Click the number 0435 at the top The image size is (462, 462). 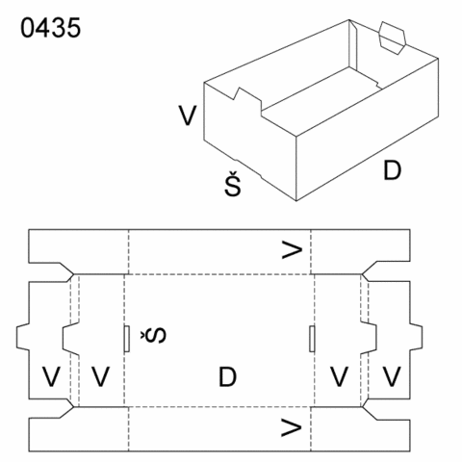coord(50,28)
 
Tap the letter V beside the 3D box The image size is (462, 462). coord(188,115)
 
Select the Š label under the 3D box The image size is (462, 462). coord(233,184)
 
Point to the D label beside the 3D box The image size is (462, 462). coord(392,170)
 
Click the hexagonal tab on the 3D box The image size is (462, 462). coord(393,38)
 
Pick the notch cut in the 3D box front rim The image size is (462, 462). coord(247,99)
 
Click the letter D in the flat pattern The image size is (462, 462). coord(227,377)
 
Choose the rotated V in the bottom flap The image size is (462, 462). coord(292,427)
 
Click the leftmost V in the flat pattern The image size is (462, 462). coord(51,376)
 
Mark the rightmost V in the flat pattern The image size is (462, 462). coord(392,376)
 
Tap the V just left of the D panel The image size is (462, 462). coord(101,376)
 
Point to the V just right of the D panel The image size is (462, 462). coord(340,376)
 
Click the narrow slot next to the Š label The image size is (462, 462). coord(127,339)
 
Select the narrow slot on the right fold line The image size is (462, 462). coord(312,339)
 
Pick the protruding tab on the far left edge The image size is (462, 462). coord(23,336)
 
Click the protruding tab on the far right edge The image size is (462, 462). coord(416,336)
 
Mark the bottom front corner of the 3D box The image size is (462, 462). coord(296,201)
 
